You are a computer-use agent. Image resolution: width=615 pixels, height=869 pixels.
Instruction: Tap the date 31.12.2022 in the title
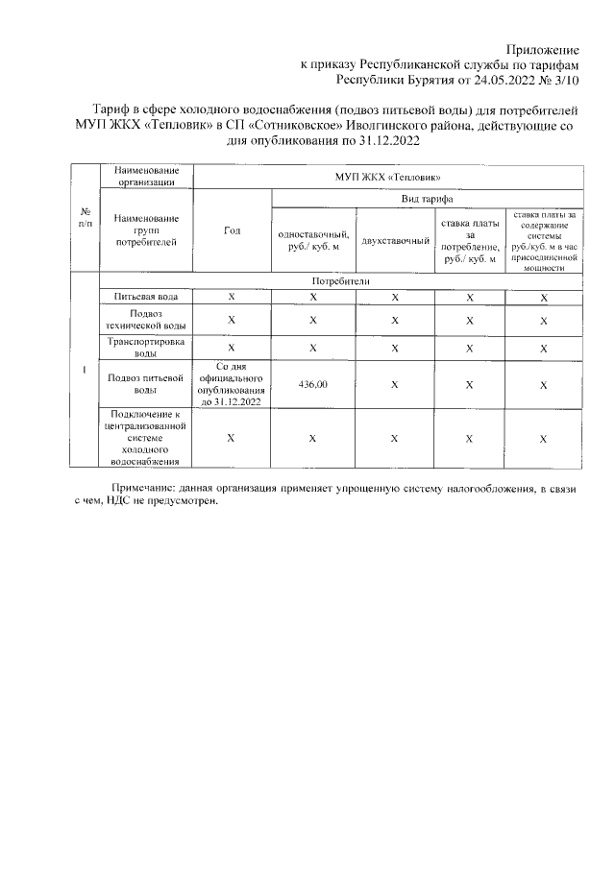pyautogui.click(x=385, y=140)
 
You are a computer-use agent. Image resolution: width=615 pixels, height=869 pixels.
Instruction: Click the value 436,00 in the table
pyautogui.click(x=313, y=384)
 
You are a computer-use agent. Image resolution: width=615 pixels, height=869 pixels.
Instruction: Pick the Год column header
pyautogui.click(x=232, y=231)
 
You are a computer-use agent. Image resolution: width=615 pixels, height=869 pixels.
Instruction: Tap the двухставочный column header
pyautogui.click(x=394, y=239)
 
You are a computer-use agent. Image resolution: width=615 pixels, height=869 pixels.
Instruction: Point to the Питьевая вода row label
pyautogui.click(x=145, y=298)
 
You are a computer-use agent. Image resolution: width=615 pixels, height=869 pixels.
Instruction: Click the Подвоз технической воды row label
pyautogui.click(x=145, y=319)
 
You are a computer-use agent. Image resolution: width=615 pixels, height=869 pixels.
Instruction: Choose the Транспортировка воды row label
pyautogui.click(x=145, y=347)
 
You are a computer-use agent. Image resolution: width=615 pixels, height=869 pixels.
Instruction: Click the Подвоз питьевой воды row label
pyautogui.click(x=145, y=384)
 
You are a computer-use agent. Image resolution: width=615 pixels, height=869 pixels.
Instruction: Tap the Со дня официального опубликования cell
pyautogui.click(x=232, y=384)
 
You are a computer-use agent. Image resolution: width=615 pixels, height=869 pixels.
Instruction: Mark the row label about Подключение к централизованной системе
pyautogui.click(x=145, y=438)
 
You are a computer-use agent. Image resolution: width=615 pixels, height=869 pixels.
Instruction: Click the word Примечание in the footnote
pyautogui.click(x=145, y=489)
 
